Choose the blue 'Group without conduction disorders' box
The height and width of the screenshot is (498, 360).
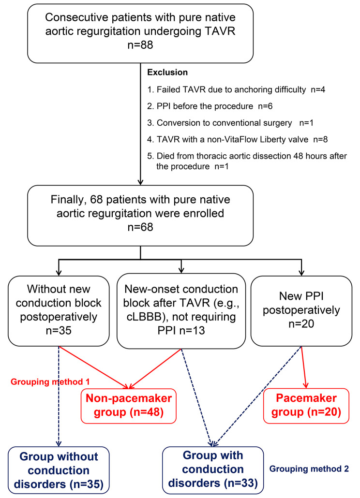click(x=59, y=469)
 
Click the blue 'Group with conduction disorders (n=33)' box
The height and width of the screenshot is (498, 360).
click(x=213, y=469)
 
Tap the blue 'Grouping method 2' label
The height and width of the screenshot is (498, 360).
click(x=308, y=469)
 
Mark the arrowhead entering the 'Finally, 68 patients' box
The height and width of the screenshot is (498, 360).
click(x=140, y=182)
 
